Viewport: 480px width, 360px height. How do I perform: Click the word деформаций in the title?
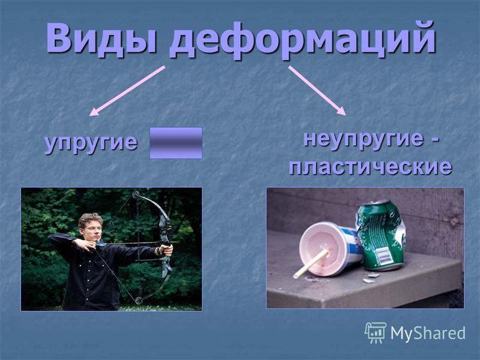302,40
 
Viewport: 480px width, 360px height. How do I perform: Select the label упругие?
91,143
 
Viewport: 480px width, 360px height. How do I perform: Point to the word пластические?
370,167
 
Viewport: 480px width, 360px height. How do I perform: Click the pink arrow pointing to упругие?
127,91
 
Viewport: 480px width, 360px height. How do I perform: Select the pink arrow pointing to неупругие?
317,91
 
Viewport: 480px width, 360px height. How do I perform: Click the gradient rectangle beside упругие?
176,143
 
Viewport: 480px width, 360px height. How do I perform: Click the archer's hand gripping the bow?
167,250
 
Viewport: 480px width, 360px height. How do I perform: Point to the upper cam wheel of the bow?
136,194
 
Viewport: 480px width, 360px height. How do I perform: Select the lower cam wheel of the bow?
139,300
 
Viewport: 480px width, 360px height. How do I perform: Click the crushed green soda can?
380,235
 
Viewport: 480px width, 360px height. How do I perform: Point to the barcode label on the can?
383,256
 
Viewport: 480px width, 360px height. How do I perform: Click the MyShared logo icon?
374,332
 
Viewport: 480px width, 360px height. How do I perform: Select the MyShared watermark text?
428,333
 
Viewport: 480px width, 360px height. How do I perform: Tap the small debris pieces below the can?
370,277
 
